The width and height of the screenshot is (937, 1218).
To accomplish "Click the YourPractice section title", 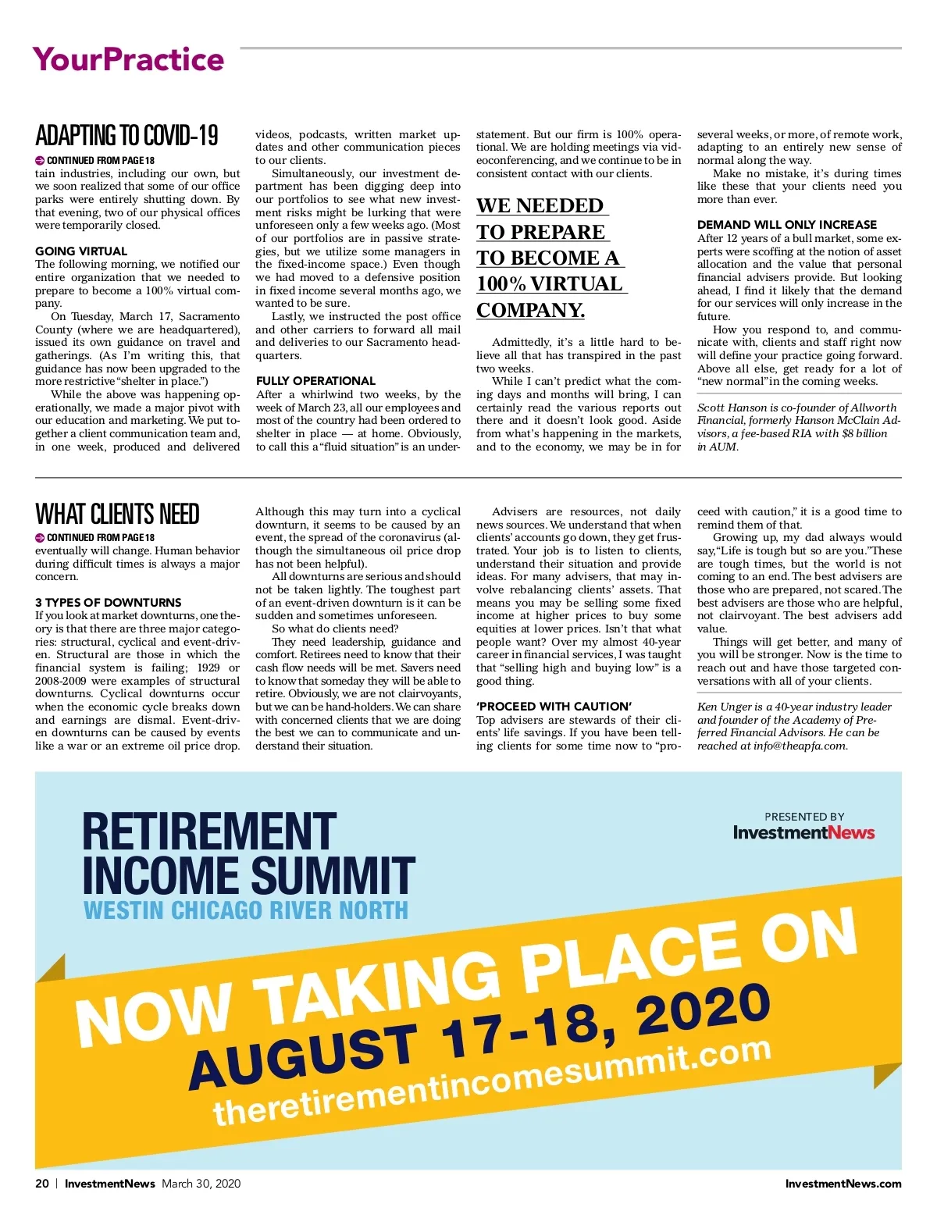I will (128, 60).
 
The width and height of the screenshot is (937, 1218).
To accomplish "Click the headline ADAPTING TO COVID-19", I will (126, 136).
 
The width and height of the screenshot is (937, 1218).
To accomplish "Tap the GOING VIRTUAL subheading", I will (81, 251).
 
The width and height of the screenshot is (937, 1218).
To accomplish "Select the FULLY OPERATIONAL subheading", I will (315, 381).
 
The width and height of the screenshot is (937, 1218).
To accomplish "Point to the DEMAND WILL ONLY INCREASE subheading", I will (786, 225).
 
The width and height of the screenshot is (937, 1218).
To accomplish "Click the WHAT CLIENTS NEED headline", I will (117, 515).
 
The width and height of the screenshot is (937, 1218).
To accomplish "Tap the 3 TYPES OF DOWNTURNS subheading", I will (108, 603).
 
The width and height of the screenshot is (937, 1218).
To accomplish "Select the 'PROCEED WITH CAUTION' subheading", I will (554, 707).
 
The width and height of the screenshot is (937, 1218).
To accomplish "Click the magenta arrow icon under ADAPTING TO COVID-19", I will (40, 160).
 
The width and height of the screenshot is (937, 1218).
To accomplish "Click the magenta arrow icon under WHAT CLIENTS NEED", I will (40, 538).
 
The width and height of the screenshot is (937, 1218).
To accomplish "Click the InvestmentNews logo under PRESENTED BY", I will (803, 832).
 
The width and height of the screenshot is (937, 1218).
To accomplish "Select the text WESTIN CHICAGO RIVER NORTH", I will (246, 911).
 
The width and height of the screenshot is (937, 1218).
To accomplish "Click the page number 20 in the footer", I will (42, 1184).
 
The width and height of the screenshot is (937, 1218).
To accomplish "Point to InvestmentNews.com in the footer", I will (843, 1184).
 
